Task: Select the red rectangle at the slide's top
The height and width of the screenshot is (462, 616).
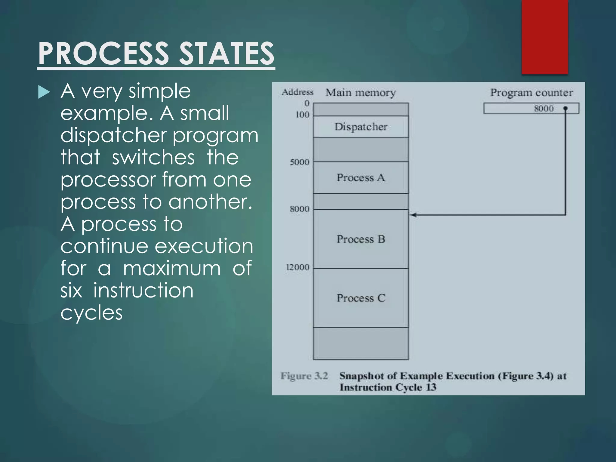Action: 544,36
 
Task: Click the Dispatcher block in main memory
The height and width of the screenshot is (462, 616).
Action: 361,127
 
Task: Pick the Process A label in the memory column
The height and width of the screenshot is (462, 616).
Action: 361,177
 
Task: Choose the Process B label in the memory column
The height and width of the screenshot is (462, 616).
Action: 361,239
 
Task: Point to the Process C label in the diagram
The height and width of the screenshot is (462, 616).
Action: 361,298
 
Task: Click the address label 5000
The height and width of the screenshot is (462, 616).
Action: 300,162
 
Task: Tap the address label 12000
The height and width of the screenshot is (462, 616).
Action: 298,267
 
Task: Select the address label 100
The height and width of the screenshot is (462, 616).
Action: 302,115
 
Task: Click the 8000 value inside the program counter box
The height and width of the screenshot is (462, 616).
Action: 544,109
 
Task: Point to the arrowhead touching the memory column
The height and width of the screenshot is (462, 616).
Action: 413,215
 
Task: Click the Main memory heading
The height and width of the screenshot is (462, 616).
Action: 361,93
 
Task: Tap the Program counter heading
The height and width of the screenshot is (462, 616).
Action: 531,93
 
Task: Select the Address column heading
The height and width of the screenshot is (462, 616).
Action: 297,92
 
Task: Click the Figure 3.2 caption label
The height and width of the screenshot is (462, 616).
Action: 304,376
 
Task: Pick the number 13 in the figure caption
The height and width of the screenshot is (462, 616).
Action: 431,387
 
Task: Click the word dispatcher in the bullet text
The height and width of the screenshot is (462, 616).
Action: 113,135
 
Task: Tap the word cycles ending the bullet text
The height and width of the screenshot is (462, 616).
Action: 91,313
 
